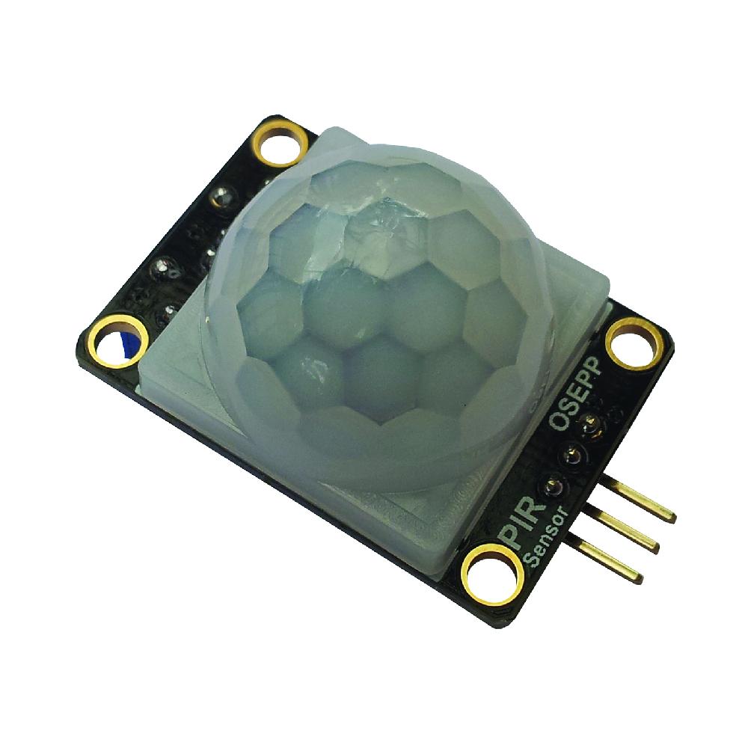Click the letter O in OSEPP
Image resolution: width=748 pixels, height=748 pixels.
coord(557,421)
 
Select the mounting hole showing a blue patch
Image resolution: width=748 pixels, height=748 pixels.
coord(117,342)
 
